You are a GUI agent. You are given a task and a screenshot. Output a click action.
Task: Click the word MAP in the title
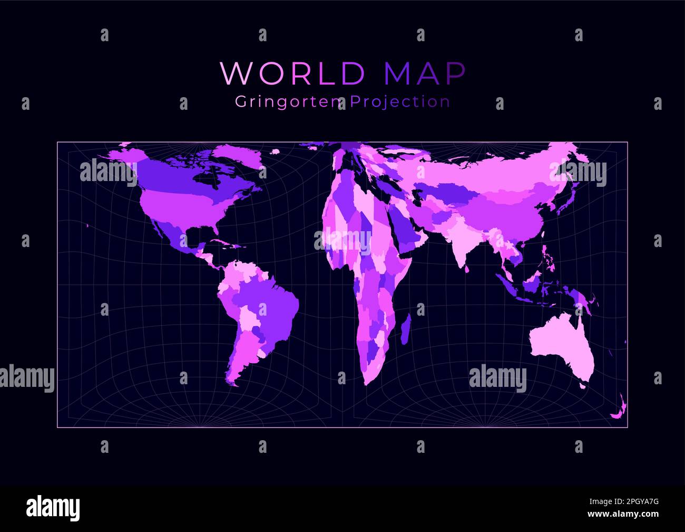pyautogui.click(x=425, y=73)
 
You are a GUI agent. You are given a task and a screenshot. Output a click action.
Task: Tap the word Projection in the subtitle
pyautogui.click(x=400, y=101)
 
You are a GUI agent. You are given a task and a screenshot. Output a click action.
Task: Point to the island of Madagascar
pyautogui.click(x=405, y=328)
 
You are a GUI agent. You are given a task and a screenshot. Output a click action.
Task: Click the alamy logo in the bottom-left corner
pyautogui.click(x=53, y=508)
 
